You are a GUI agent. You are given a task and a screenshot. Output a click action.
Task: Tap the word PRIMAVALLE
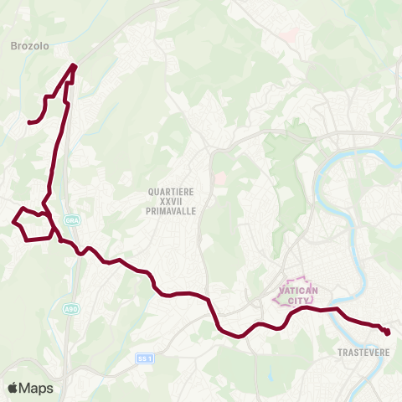[172, 212]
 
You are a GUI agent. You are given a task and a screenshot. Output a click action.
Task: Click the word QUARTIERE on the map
[172, 192]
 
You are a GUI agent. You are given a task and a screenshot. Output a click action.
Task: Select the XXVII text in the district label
[172, 202]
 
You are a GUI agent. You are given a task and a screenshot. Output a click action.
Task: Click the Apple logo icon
[13, 388]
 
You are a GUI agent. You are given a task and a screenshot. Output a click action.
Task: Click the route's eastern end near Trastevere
[388, 333]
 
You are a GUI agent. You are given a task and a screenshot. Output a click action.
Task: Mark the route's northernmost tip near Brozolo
[75, 65]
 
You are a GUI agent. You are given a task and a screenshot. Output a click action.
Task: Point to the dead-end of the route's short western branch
[29, 122]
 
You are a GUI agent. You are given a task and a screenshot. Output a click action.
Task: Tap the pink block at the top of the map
[291, 36]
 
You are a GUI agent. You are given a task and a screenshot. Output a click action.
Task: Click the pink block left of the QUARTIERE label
[220, 179]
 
